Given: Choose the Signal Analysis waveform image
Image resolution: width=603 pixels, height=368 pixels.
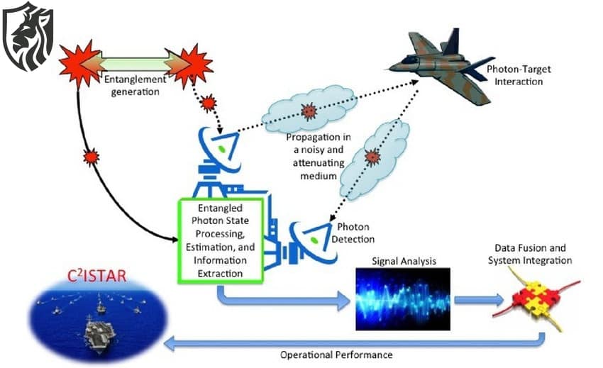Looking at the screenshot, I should [402, 299].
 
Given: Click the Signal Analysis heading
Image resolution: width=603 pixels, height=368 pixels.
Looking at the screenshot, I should [402, 262].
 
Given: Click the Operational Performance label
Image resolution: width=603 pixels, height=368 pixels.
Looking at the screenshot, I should [336, 354].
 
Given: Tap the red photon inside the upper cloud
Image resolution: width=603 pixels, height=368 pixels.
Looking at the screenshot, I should [308, 111].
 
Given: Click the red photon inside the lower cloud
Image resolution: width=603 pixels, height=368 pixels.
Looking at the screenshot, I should [371, 157].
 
